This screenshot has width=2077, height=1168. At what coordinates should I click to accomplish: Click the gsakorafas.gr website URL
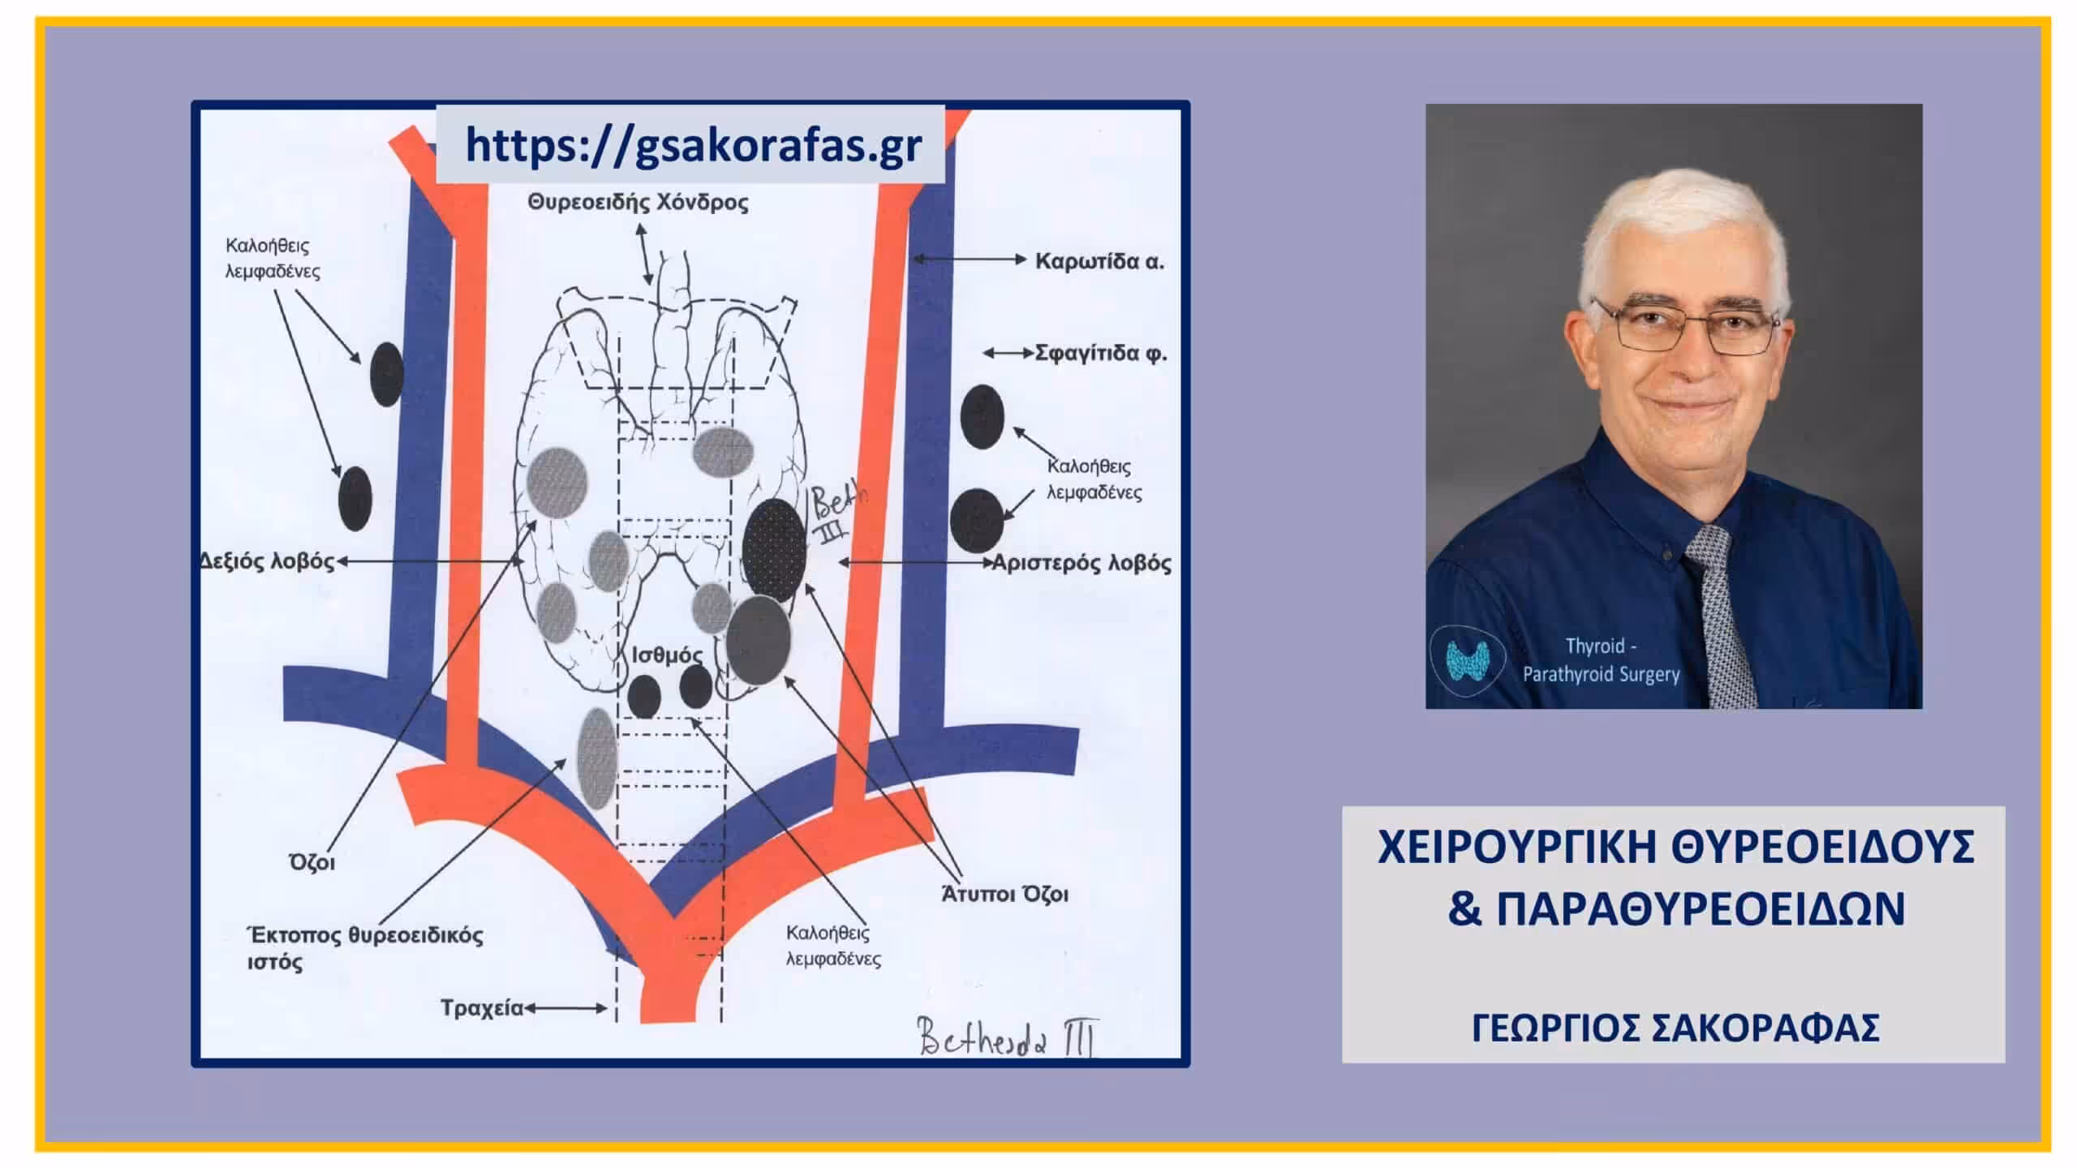pyautogui.click(x=693, y=145)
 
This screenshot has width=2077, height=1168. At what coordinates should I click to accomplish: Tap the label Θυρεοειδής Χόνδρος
pyautogui.click(x=638, y=202)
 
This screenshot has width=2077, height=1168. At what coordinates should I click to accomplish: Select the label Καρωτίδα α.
pyautogui.click(x=1099, y=261)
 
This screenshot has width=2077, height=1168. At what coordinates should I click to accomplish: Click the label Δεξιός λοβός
pyautogui.click(x=267, y=561)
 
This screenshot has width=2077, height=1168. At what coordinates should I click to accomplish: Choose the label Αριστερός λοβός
pyautogui.click(x=1082, y=563)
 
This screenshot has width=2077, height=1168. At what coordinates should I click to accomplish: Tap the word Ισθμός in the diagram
pyautogui.click(x=667, y=655)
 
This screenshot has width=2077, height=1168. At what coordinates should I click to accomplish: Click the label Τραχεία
pyautogui.click(x=482, y=1008)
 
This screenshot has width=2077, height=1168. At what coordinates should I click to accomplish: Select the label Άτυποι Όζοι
pyautogui.click(x=1004, y=894)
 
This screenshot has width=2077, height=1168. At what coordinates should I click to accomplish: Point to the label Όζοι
pyautogui.click(x=312, y=862)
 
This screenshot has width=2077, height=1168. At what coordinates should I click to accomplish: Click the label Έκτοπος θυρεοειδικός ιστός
pyautogui.click(x=364, y=948)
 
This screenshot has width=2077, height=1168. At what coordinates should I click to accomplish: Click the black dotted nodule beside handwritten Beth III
pyautogui.click(x=774, y=549)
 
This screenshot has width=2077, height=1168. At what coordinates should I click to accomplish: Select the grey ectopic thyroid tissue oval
pyautogui.click(x=597, y=758)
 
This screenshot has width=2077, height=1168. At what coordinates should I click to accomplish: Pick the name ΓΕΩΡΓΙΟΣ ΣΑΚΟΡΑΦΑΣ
pyautogui.click(x=1675, y=1028)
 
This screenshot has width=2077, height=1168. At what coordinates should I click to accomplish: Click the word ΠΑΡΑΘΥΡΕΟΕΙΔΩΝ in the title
pyautogui.click(x=1700, y=908)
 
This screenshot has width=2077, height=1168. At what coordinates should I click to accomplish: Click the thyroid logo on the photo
pyautogui.click(x=1467, y=659)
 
